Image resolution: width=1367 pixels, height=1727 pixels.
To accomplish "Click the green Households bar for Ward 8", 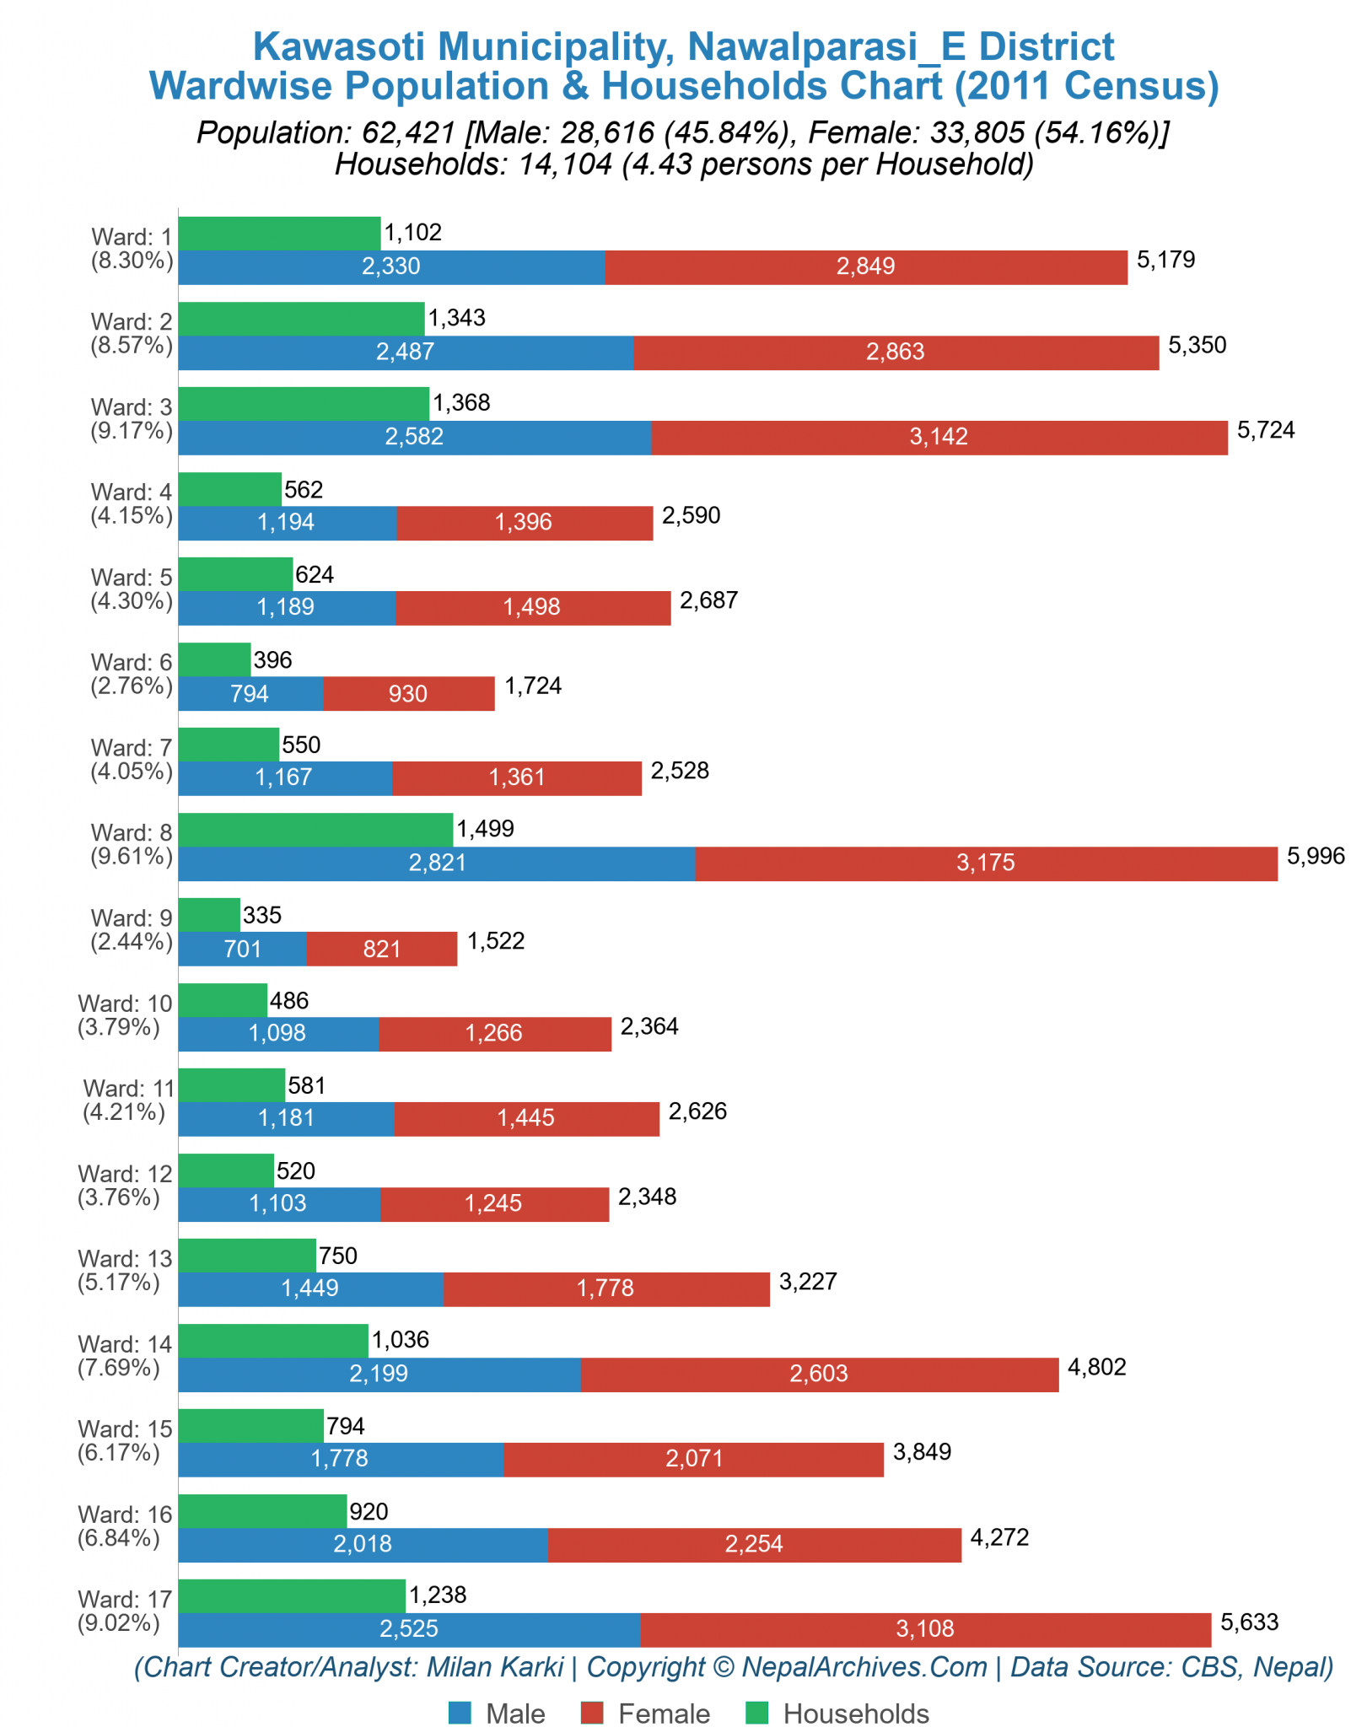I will (315, 829).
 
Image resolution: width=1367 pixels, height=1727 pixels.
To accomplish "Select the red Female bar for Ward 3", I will (939, 438).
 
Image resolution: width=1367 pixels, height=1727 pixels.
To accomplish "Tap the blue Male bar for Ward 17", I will (409, 1629).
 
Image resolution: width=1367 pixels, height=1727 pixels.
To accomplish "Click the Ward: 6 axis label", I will (132, 674).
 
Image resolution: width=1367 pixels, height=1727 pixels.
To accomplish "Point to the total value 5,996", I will (1315, 856).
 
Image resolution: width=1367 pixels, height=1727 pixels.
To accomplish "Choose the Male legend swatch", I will (460, 1714).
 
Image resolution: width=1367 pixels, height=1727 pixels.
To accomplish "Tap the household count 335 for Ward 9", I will (261, 915).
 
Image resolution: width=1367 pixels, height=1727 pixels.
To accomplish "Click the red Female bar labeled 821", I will (381, 949).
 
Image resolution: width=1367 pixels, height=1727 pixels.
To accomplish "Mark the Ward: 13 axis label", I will (125, 1270).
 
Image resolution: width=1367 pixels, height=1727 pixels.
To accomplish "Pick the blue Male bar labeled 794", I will (250, 693).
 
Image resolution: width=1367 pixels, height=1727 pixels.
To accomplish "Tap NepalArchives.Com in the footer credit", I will (864, 1667).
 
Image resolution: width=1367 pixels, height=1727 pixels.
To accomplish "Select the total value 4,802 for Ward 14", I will (1096, 1367).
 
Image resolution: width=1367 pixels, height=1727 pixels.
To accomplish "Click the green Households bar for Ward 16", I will (262, 1511).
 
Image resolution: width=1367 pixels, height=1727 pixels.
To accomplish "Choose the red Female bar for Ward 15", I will (693, 1459).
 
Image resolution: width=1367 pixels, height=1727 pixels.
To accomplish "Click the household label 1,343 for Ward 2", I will (456, 318).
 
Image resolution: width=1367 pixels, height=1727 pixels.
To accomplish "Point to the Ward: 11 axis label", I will (126, 1100).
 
